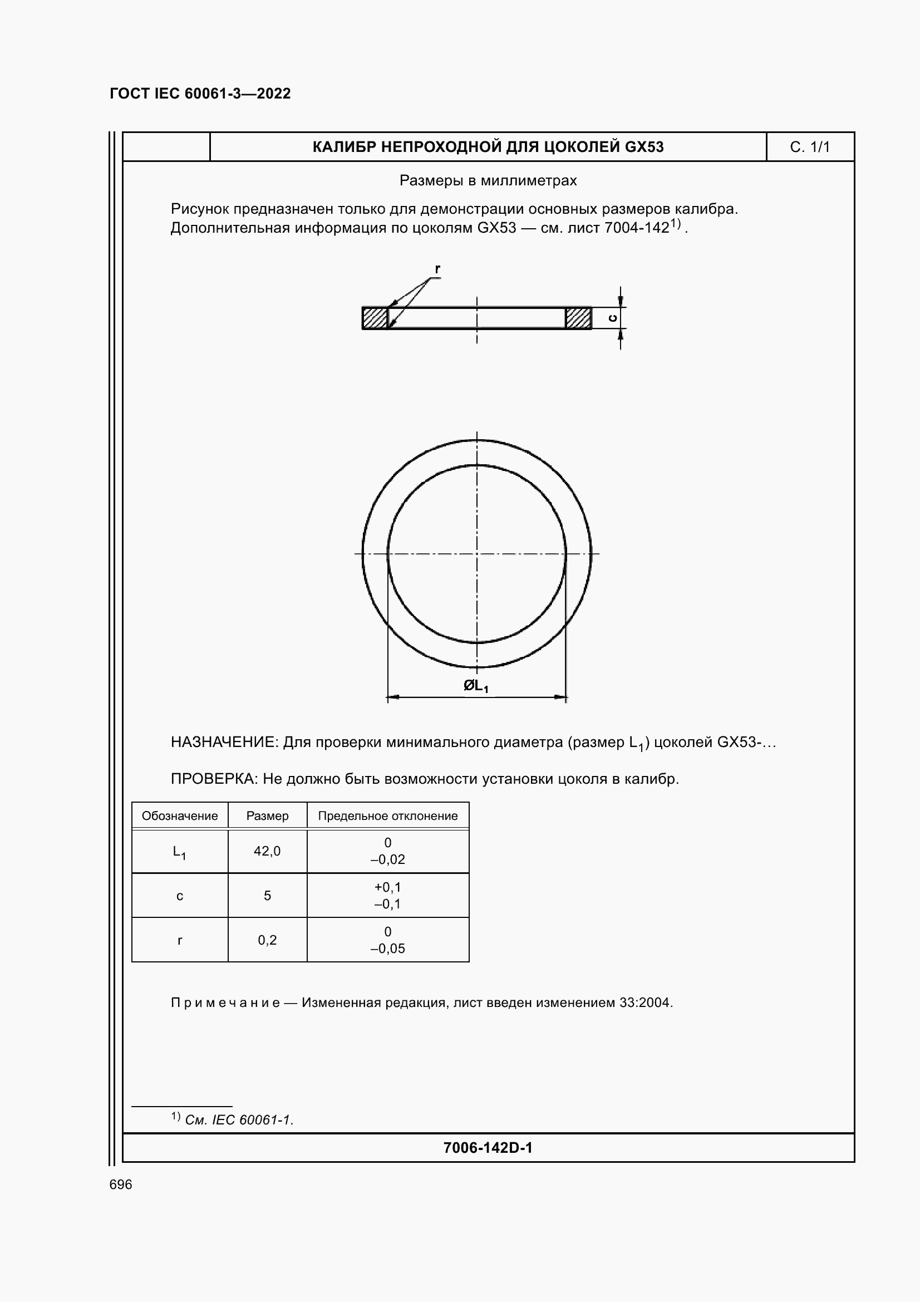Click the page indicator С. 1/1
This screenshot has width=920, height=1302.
[x=809, y=148]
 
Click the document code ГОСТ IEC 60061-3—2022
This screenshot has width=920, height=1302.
[x=200, y=94]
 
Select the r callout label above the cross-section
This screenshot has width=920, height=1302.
[x=437, y=269]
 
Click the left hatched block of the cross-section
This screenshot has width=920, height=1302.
[x=375, y=318]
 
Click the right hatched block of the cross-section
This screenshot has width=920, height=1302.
[x=578, y=318]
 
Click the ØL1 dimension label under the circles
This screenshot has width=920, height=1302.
[x=476, y=686]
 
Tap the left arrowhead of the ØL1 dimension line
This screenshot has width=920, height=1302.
[x=392, y=697]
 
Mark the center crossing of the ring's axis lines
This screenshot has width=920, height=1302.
[x=477, y=553]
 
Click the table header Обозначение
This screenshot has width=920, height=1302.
[x=180, y=816]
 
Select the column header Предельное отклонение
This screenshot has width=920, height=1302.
[x=388, y=816]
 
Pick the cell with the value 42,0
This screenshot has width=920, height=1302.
[x=267, y=851]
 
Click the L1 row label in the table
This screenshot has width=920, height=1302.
[x=180, y=852]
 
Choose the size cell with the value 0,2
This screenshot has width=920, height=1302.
[x=267, y=940]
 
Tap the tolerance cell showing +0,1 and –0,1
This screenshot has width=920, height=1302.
[x=388, y=896]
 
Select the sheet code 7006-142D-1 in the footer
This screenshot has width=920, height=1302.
[x=488, y=1148]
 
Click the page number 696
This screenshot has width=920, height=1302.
[x=121, y=1185]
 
